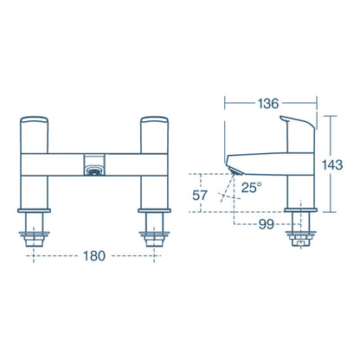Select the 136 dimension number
[x=267, y=104]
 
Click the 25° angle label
[x=252, y=187]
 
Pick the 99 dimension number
[x=266, y=225]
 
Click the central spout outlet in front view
[x=93, y=167]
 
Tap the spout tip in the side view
[x=232, y=165]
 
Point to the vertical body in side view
[x=300, y=177]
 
